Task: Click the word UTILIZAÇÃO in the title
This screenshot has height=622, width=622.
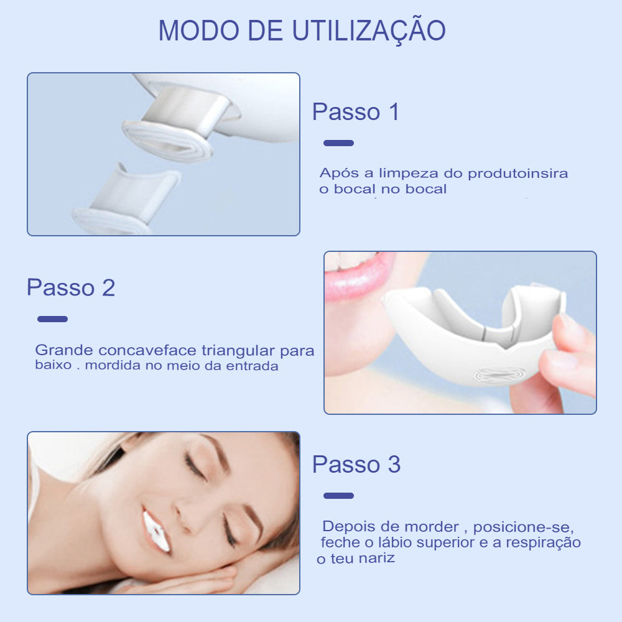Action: [369, 30]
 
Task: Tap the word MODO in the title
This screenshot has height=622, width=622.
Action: [199, 30]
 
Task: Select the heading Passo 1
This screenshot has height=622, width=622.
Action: [355, 111]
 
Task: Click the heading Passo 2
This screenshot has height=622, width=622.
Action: [71, 287]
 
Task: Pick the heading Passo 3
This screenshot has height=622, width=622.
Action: [356, 464]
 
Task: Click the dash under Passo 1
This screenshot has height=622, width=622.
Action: [338, 143]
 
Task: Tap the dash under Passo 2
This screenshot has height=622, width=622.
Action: [52, 319]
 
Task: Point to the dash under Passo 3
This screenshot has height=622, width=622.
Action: [338, 496]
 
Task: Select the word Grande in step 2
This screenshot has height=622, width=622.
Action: [64, 350]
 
